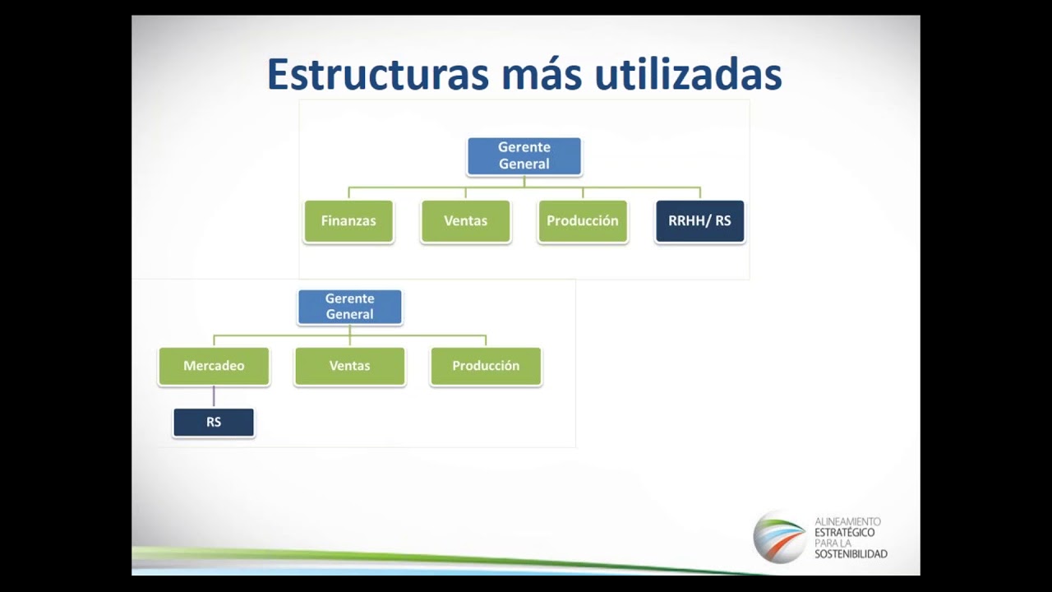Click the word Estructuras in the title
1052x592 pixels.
[378, 74]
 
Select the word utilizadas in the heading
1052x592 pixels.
[688, 74]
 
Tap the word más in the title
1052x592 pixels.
[542, 74]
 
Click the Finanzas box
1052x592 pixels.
[348, 221]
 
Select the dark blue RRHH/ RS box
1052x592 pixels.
[699, 221]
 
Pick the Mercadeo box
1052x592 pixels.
[215, 366]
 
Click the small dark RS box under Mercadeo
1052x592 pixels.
[214, 423]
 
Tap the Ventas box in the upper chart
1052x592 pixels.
[466, 221]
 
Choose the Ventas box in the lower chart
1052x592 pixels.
[350, 366]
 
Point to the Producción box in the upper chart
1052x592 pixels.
[583, 221]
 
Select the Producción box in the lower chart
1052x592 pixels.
[486, 366]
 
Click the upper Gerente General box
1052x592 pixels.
[524, 156]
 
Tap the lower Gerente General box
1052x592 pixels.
[350, 307]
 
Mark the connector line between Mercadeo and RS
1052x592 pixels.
[214, 396]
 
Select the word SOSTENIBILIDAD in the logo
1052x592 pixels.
[851, 554]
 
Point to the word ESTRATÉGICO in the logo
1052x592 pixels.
[844, 532]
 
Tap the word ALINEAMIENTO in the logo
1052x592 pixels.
[847, 521]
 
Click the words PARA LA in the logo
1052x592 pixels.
[833, 543]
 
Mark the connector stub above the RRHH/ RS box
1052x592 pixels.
[700, 192]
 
